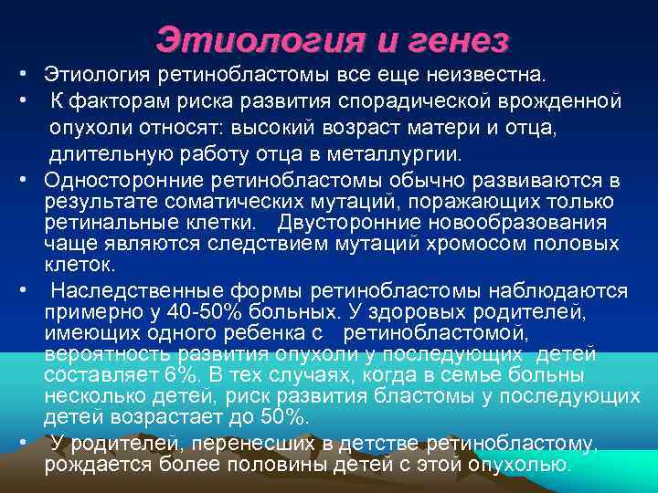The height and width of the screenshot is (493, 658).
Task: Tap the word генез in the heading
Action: pos(455,39)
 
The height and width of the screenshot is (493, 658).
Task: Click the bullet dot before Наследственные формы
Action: pos(25,291)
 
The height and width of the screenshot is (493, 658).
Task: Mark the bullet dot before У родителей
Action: pos(25,444)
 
